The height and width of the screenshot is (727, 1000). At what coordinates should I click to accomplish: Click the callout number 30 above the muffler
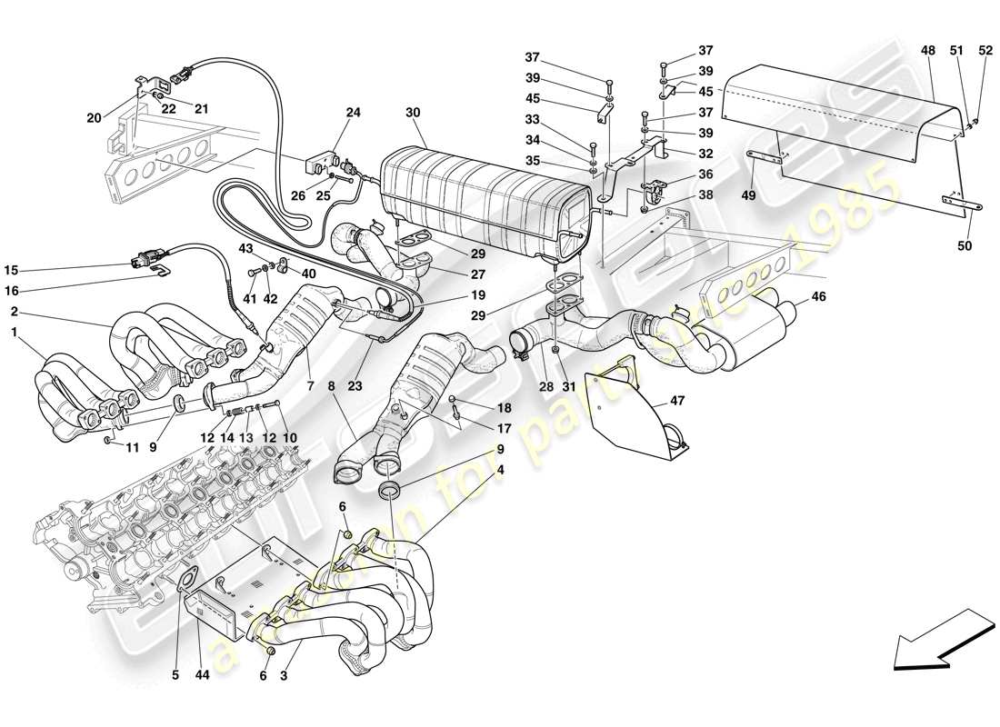(414, 113)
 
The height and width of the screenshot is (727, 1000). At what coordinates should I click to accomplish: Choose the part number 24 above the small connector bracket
(352, 114)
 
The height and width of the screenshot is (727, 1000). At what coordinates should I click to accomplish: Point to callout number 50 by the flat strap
(964, 246)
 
